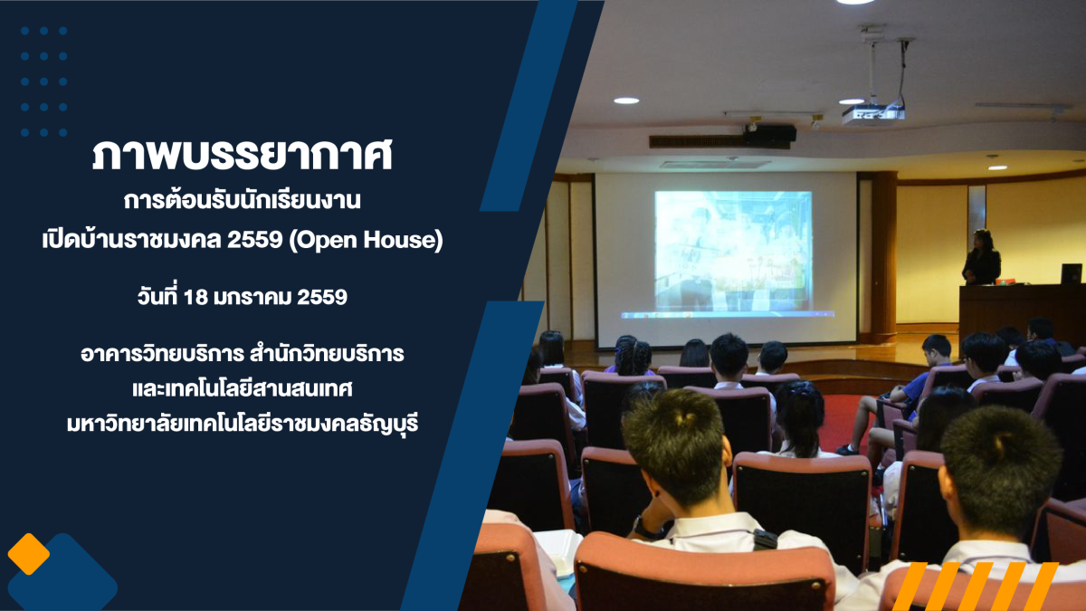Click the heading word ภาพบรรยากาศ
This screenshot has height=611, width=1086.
pos(242,155)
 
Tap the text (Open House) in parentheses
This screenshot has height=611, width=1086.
pos(366,240)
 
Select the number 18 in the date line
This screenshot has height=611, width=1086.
pos(195,297)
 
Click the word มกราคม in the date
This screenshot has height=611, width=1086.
pos(252,297)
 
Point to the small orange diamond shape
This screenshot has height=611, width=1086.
pos(29,554)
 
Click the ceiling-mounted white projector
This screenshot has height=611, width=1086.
pos(872,115)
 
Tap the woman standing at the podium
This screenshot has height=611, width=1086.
pos(981,257)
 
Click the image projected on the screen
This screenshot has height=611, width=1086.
pos(733,250)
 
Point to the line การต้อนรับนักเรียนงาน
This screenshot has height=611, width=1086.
pos(242,200)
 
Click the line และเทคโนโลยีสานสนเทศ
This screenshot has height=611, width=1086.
pos(242,389)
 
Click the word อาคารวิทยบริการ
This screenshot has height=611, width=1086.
pos(161,354)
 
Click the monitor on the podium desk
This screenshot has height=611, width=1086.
pos(1071,273)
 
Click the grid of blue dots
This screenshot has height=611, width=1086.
pos(43,81)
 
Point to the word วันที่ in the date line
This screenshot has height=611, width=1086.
pos(157,296)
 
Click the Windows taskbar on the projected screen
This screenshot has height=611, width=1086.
pos(728,315)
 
